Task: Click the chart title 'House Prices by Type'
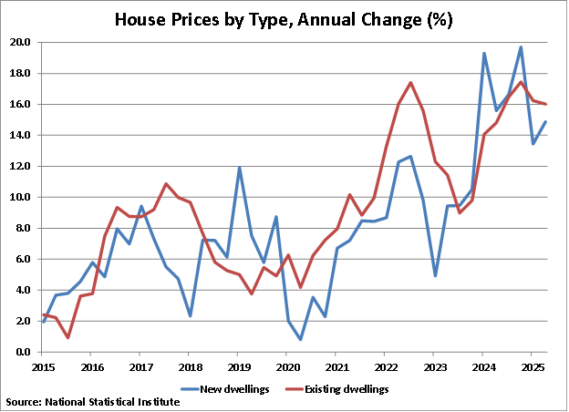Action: point(284,18)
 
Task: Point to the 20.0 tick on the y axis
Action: point(20,42)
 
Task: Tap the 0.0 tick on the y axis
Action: point(23,352)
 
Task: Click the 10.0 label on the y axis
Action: point(20,197)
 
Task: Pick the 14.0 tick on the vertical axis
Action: point(20,135)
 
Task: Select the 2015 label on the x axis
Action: point(43,366)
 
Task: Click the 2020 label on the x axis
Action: point(286,366)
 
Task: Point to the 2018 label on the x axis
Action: point(189,366)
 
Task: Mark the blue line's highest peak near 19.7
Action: point(520,47)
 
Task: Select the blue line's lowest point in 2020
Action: point(299,339)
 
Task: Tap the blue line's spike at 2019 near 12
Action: point(238,168)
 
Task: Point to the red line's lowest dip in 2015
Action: point(67,337)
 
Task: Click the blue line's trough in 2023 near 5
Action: point(435,275)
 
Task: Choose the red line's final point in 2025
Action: point(544,104)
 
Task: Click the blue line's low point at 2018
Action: point(190,315)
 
